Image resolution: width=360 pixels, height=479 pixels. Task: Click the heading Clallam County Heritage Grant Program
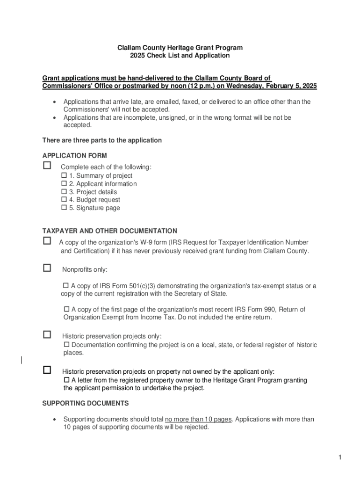180,48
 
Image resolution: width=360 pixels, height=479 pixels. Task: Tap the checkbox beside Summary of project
65,175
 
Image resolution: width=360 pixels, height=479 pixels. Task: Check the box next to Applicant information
65,184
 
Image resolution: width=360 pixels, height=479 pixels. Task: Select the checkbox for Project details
65,192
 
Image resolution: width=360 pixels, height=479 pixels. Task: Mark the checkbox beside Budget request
65,200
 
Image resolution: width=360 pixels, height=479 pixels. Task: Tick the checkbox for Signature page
65,208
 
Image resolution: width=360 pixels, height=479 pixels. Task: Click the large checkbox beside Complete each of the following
47,166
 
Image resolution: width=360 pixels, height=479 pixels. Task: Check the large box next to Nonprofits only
47,268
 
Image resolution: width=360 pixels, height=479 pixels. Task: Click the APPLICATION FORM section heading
75,156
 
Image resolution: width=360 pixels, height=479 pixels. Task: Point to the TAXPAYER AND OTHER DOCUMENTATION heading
110,231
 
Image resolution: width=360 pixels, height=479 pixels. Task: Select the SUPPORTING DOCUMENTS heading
86,403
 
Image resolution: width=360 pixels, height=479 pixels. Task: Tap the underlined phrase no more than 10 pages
198,420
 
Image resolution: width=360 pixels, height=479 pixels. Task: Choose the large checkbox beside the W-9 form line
47,240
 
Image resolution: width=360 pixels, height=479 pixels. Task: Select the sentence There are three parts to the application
102,140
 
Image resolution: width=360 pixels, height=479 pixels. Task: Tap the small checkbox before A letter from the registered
66,380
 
